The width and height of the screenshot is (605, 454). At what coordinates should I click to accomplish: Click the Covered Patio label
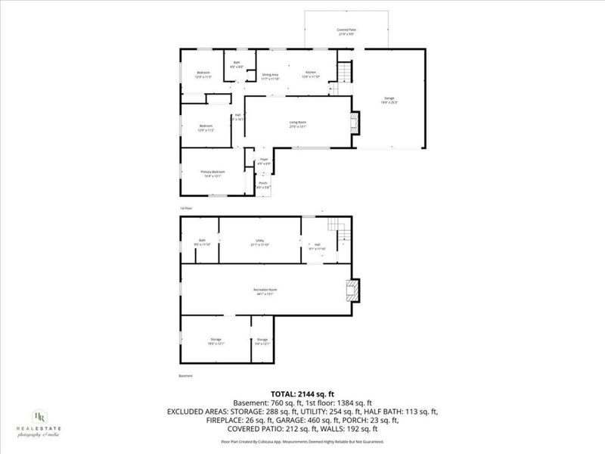(x=346, y=31)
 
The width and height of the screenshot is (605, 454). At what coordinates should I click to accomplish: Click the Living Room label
(x=297, y=124)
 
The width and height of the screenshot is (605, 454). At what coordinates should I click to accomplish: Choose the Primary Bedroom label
(x=211, y=173)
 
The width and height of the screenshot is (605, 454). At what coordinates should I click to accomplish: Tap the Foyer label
(x=263, y=161)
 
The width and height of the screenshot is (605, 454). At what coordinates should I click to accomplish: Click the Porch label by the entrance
(x=263, y=184)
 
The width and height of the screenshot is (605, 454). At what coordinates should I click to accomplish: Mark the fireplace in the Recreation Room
(x=352, y=291)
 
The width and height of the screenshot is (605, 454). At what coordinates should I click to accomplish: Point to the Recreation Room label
(x=262, y=291)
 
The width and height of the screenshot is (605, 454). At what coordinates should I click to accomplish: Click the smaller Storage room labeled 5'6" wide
(x=262, y=341)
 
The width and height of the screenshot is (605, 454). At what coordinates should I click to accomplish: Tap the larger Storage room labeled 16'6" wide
(x=216, y=341)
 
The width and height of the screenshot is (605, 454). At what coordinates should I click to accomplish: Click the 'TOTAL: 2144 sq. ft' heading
(x=302, y=393)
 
